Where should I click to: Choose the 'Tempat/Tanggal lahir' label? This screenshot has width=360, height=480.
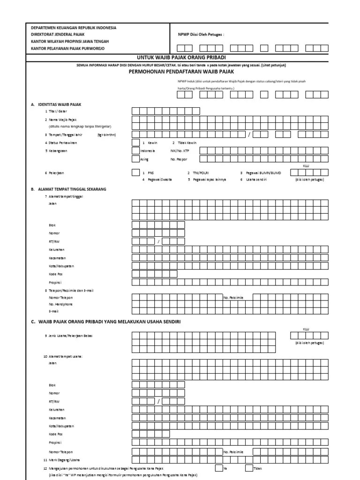click(x=65, y=135)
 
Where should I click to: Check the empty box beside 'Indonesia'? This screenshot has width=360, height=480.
click(x=135, y=150)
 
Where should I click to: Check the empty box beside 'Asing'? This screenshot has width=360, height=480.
click(x=135, y=159)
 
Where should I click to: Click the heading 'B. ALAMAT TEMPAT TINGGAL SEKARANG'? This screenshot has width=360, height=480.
click(x=69, y=189)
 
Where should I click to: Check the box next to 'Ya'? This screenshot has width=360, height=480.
click(x=219, y=468)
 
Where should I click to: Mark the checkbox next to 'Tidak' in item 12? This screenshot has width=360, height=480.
click(x=248, y=468)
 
